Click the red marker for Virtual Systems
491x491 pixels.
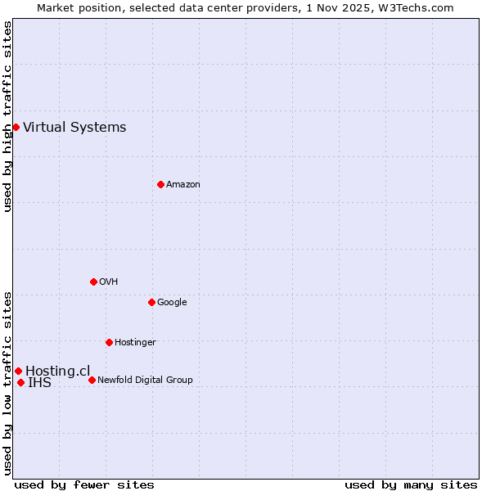[x=16, y=127]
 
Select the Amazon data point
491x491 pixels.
[x=160, y=184]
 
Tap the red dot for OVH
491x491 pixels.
[x=93, y=282]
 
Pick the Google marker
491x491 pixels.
[x=151, y=302]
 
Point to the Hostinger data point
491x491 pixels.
[x=109, y=342]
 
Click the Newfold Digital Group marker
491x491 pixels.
[x=92, y=380]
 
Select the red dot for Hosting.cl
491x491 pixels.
[x=18, y=371]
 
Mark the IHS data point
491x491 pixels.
[x=20, y=382]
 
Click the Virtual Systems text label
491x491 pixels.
[x=74, y=127]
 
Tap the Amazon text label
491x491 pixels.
[x=182, y=184]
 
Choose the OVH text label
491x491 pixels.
[x=108, y=282]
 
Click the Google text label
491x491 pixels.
[x=172, y=302]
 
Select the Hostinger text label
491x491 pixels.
[x=135, y=342]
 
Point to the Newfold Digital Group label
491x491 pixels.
[x=145, y=380]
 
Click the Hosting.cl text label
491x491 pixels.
[x=57, y=371]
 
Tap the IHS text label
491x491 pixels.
[x=39, y=382]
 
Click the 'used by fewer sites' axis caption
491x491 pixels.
[x=84, y=484]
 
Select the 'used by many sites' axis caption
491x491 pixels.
[x=411, y=484]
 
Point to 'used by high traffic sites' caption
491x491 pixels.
[x=7, y=117]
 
